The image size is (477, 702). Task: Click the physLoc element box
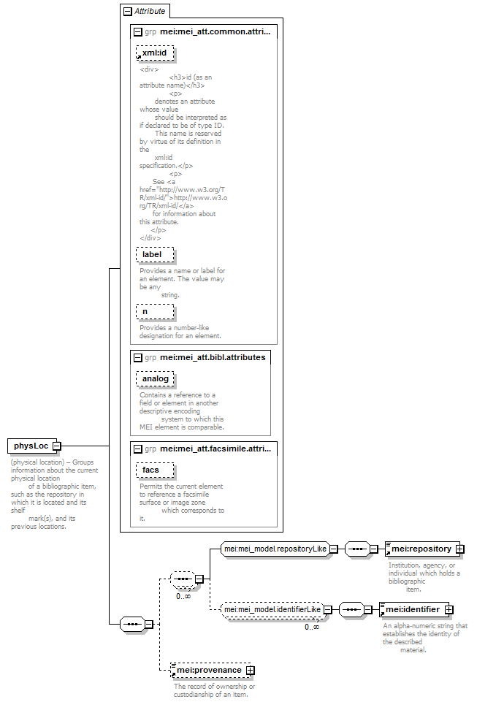pyautogui.click(x=32, y=446)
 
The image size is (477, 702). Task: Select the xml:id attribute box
pyautogui.click(x=155, y=53)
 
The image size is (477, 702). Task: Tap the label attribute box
pyautogui.click(x=155, y=254)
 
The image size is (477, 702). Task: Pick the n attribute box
pyautogui.click(x=155, y=312)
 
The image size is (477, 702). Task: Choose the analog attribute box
pyautogui.click(x=155, y=378)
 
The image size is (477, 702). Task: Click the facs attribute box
pyautogui.click(x=155, y=470)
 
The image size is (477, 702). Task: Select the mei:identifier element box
pyautogui.click(x=414, y=610)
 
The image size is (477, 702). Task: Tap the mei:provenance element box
pyautogui.click(x=210, y=670)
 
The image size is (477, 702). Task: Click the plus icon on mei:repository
pyautogui.click(x=460, y=549)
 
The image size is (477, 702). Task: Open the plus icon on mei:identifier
pyautogui.click(x=449, y=610)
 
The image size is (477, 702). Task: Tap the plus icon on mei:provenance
pyautogui.click(x=251, y=670)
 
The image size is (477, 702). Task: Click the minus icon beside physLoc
pyautogui.click(x=57, y=446)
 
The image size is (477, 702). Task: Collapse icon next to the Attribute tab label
pyautogui.click(x=128, y=12)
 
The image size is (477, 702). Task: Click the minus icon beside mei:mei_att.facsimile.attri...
pyautogui.click(x=138, y=449)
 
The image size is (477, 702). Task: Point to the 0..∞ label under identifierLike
pyautogui.click(x=312, y=627)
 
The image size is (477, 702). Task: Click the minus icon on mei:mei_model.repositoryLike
pyautogui.click(x=334, y=549)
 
